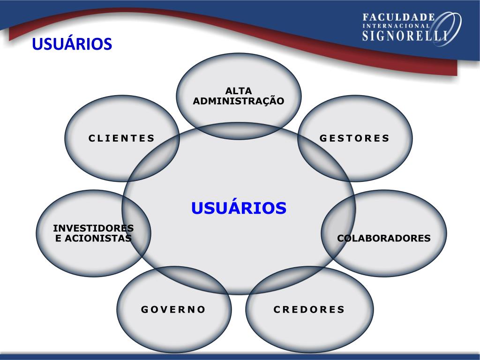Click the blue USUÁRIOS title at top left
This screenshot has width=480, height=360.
coord(72,44)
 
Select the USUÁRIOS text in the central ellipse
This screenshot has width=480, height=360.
coord(239,208)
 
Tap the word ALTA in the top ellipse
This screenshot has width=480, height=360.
coord(239,91)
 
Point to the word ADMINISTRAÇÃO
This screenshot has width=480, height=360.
coord(239,101)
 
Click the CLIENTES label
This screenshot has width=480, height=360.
coord(122,138)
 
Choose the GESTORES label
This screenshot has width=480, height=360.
coord(355,138)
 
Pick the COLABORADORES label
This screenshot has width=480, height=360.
coord(384,238)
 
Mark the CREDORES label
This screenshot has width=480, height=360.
coord(309,309)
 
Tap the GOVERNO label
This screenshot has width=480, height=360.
coord(173,309)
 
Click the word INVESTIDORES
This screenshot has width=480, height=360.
coord(93,228)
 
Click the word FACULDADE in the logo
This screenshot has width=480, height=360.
coord(399,17)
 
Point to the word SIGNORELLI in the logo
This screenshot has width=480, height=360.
coord(404,36)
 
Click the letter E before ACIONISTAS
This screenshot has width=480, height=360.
coord(59,238)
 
